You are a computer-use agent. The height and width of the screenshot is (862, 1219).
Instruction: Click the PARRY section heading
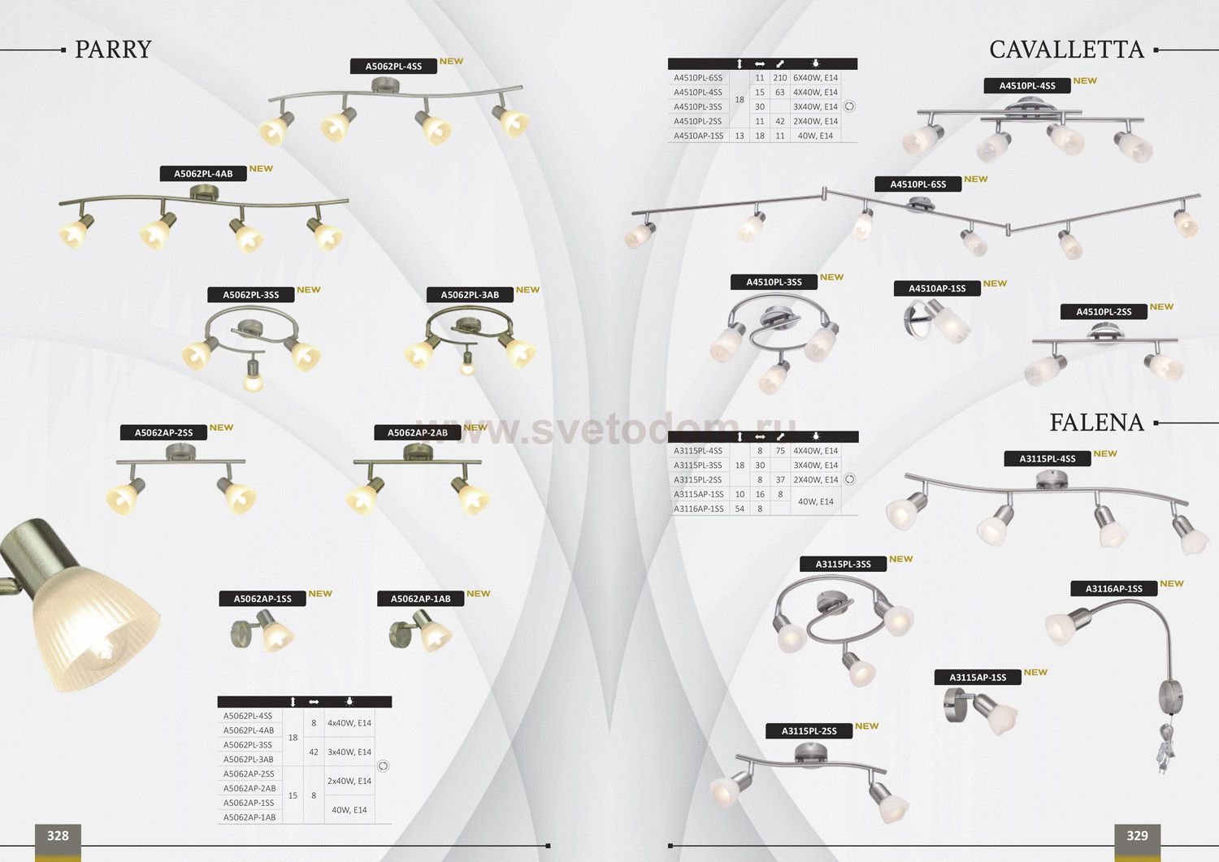click(x=113, y=50)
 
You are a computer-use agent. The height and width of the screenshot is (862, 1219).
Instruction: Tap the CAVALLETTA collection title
click(x=1066, y=50)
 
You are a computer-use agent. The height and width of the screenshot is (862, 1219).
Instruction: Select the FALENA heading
click(x=1096, y=422)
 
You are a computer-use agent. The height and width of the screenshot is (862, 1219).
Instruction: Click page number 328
click(x=58, y=836)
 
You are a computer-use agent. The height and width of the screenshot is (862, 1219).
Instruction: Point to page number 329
click(x=1137, y=836)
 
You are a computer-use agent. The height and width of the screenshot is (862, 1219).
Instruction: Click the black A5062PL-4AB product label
click(x=203, y=174)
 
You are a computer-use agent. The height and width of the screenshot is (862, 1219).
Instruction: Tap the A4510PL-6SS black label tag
click(x=918, y=184)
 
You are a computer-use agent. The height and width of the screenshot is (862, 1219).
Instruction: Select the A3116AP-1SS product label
click(x=1113, y=589)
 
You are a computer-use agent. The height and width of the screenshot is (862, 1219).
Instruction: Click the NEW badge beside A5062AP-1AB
click(x=479, y=593)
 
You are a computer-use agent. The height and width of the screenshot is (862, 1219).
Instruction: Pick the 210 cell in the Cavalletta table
click(x=780, y=78)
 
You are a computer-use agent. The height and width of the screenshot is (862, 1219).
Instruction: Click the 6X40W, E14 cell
click(x=815, y=78)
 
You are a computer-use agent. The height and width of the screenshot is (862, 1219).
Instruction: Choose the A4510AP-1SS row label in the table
click(x=698, y=136)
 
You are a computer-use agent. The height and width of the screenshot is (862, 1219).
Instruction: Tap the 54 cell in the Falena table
click(x=740, y=509)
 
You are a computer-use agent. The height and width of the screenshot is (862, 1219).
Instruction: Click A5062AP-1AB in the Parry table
click(x=249, y=817)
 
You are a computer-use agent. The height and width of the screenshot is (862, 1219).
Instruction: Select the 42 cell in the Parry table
click(x=314, y=752)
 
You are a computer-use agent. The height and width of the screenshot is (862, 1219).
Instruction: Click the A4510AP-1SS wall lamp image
click(x=936, y=323)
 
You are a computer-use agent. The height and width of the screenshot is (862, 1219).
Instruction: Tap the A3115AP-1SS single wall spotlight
click(x=980, y=711)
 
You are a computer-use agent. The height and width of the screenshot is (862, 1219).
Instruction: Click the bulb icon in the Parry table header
click(x=349, y=701)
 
